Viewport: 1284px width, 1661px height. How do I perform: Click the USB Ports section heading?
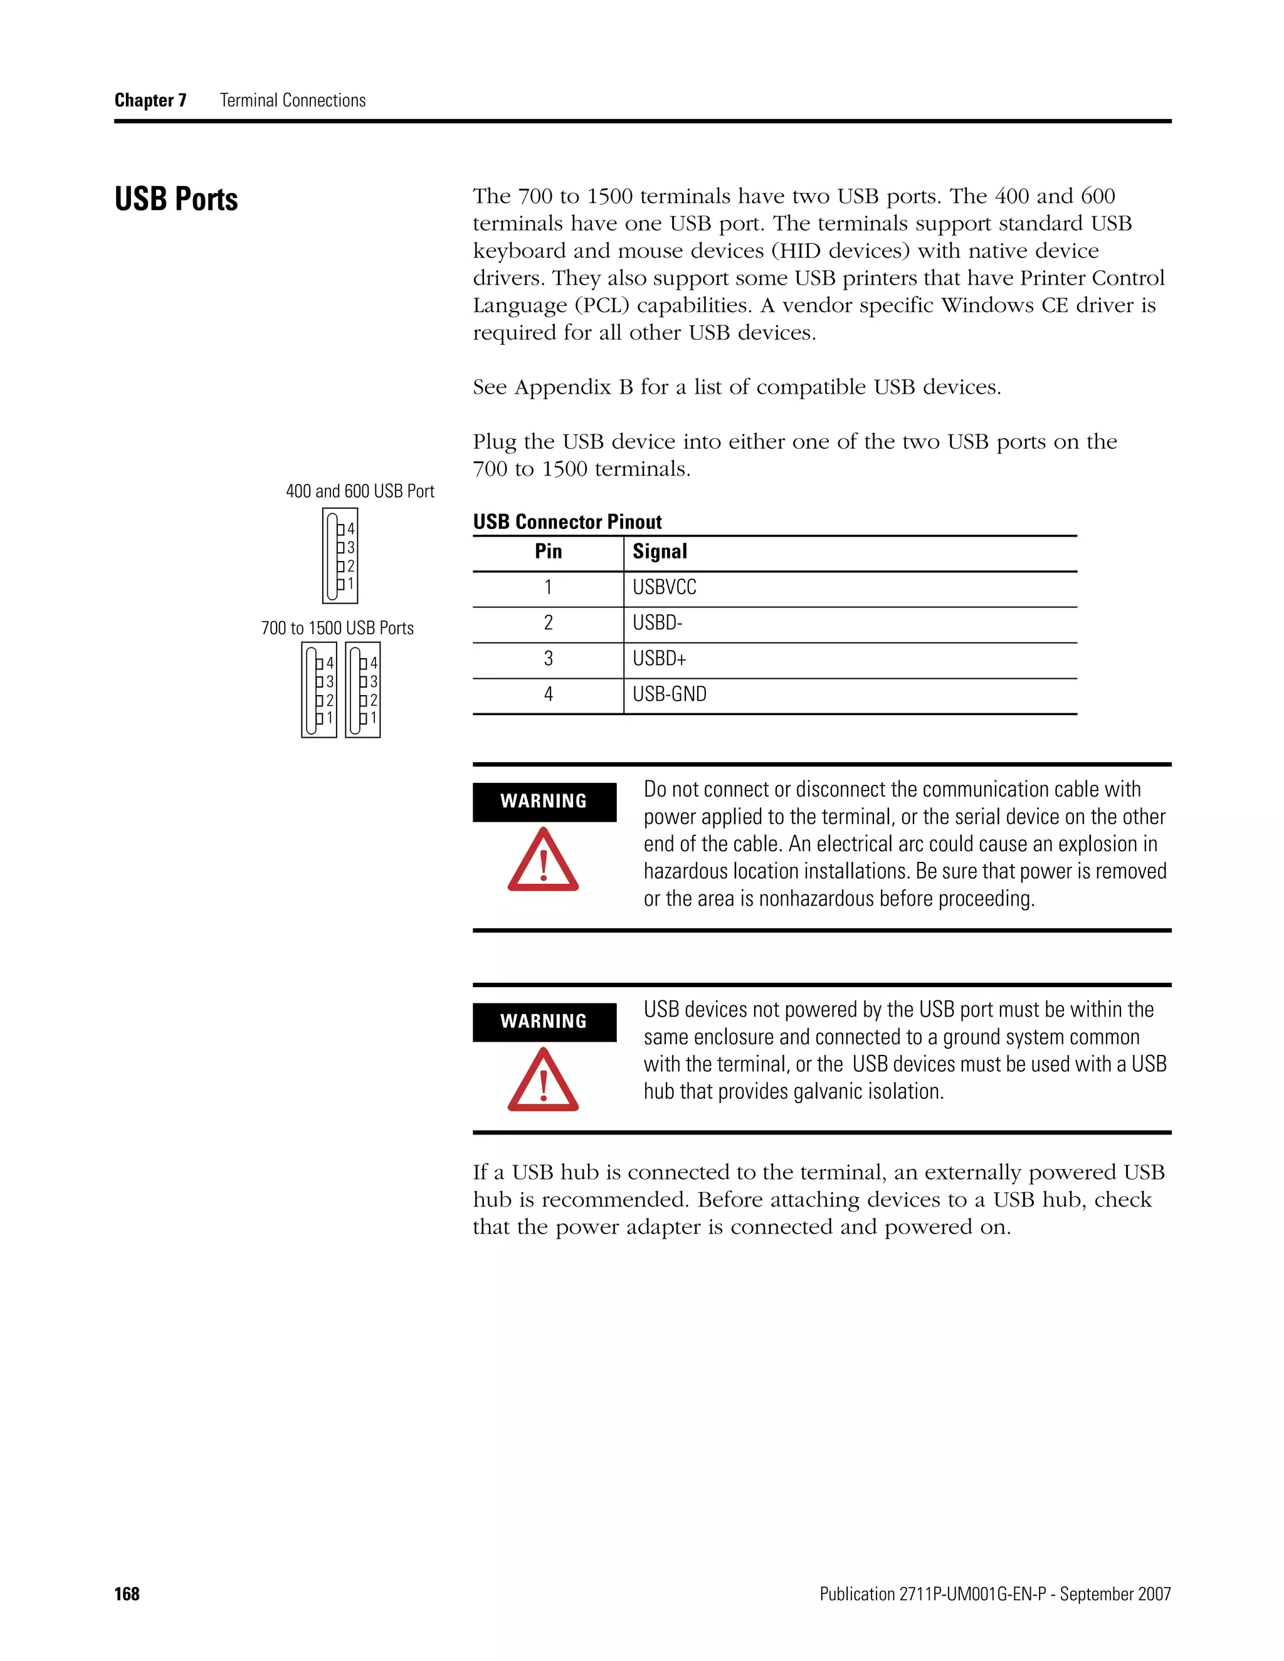[176, 199]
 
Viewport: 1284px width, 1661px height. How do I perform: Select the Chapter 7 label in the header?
[150, 100]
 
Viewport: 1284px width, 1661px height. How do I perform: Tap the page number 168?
[127, 1594]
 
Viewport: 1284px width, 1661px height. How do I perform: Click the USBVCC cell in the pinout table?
[664, 587]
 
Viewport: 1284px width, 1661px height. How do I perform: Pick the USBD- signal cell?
[657, 623]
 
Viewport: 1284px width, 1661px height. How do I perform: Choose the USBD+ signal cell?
[659, 659]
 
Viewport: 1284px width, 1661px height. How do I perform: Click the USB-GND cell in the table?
[670, 694]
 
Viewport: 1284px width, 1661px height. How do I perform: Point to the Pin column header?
[548, 552]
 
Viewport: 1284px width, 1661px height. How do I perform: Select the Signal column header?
[660, 552]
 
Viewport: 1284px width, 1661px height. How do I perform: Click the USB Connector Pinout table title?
[567, 521]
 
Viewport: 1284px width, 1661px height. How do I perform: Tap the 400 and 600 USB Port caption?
[360, 491]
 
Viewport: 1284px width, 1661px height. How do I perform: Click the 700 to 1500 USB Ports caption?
[337, 628]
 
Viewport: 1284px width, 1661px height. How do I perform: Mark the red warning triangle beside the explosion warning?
[543, 861]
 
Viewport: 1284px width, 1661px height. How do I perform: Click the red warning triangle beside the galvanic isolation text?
[543, 1081]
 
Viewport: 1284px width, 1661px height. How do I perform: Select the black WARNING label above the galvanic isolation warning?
[544, 1022]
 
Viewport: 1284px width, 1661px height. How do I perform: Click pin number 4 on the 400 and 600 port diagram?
[350, 528]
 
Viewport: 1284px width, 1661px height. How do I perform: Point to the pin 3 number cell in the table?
[548, 659]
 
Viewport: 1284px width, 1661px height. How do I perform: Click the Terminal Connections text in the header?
[293, 100]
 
